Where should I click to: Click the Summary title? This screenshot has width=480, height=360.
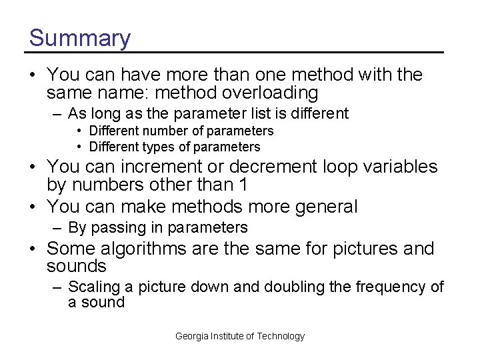coord(79,38)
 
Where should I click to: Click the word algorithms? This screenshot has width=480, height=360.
coord(145,249)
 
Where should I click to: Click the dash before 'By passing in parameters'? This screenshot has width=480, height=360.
coord(58,228)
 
